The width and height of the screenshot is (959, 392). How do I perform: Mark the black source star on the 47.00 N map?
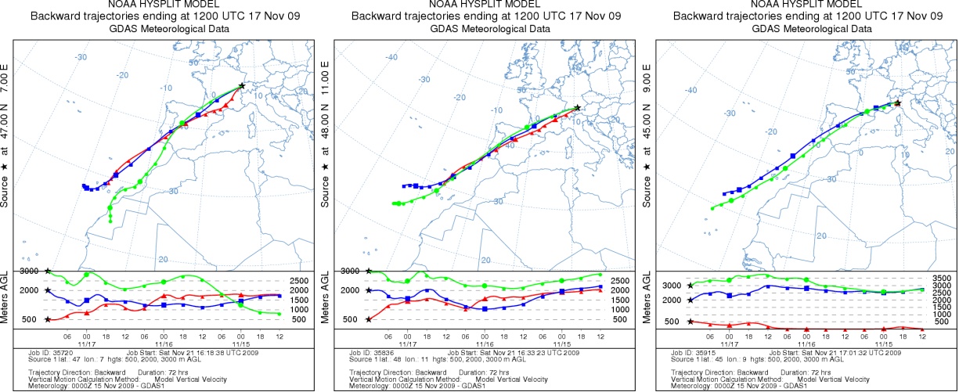click(x=242, y=85)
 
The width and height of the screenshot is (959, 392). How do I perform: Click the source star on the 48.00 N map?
click(x=577, y=107)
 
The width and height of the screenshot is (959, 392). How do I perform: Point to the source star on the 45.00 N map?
click(x=897, y=102)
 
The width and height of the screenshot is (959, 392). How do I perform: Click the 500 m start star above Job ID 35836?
click(x=369, y=319)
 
